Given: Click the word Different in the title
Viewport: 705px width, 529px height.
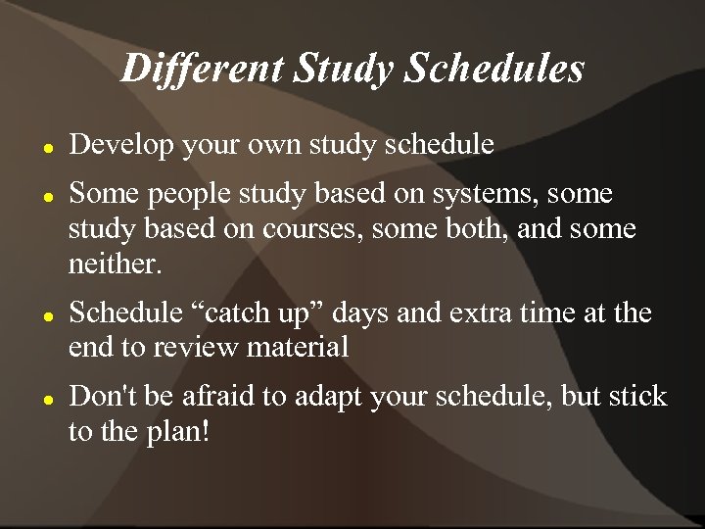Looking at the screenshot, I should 201,69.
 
